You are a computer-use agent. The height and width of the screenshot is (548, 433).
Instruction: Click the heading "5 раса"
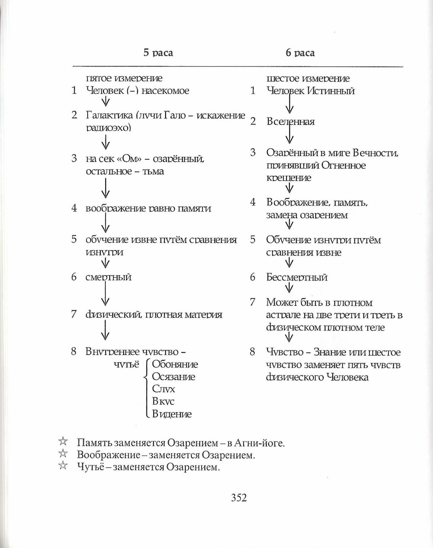pos(158,53)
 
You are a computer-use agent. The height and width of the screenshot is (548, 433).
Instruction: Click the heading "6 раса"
pos(300,53)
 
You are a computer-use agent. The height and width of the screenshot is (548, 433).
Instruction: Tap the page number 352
pos(239,497)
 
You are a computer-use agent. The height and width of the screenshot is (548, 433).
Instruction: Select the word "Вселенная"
pos(290,122)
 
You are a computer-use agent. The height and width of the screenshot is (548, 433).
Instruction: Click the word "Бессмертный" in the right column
pos(297,277)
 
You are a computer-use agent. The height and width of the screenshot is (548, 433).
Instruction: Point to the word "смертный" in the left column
pos(108,277)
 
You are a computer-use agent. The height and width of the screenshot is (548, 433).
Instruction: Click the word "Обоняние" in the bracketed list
pos(175,364)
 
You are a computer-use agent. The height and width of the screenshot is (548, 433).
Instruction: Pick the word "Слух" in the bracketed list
pos(163,389)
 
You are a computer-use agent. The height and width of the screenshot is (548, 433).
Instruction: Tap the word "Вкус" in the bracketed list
pos(163,401)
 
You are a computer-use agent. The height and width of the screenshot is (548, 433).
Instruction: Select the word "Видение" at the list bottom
pos(172,414)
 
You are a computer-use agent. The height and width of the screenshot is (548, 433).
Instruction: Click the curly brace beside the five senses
pos(147,389)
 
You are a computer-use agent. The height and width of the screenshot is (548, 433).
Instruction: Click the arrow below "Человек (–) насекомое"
pos(106,101)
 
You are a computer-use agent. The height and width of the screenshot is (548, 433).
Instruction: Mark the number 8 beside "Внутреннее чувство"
pos(74,352)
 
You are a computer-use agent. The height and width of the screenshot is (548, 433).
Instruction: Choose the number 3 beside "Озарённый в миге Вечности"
pos(253,152)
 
